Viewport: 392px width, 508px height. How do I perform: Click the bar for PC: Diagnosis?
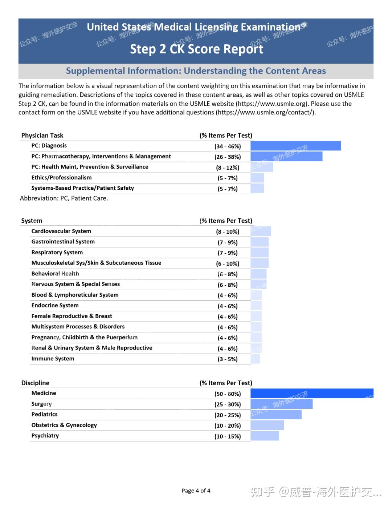295,146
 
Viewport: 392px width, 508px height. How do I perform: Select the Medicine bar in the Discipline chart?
312,394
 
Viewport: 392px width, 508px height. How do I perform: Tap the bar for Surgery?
281,404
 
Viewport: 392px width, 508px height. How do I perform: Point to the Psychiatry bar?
265,436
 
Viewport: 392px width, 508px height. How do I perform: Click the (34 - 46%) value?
228,146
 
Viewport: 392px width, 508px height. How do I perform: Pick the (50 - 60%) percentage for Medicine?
228,394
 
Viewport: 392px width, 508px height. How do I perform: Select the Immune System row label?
53,359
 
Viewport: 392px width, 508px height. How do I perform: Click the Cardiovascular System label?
61,231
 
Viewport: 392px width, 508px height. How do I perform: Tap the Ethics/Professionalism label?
61,178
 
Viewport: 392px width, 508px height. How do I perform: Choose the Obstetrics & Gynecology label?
64,425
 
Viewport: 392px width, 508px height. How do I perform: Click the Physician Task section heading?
42,136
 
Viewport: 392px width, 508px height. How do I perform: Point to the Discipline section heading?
35,383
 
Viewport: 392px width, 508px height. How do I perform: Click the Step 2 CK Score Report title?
196,49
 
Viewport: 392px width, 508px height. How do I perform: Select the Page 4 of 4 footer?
196,491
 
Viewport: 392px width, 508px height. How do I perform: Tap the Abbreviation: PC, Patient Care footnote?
64,198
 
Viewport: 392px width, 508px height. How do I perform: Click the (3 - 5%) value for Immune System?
228,359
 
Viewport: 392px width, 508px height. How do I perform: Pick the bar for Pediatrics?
276,415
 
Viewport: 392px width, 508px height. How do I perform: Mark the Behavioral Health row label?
55,274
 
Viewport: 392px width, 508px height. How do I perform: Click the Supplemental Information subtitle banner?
196,71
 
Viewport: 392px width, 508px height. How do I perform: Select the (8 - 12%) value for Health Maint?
228,168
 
